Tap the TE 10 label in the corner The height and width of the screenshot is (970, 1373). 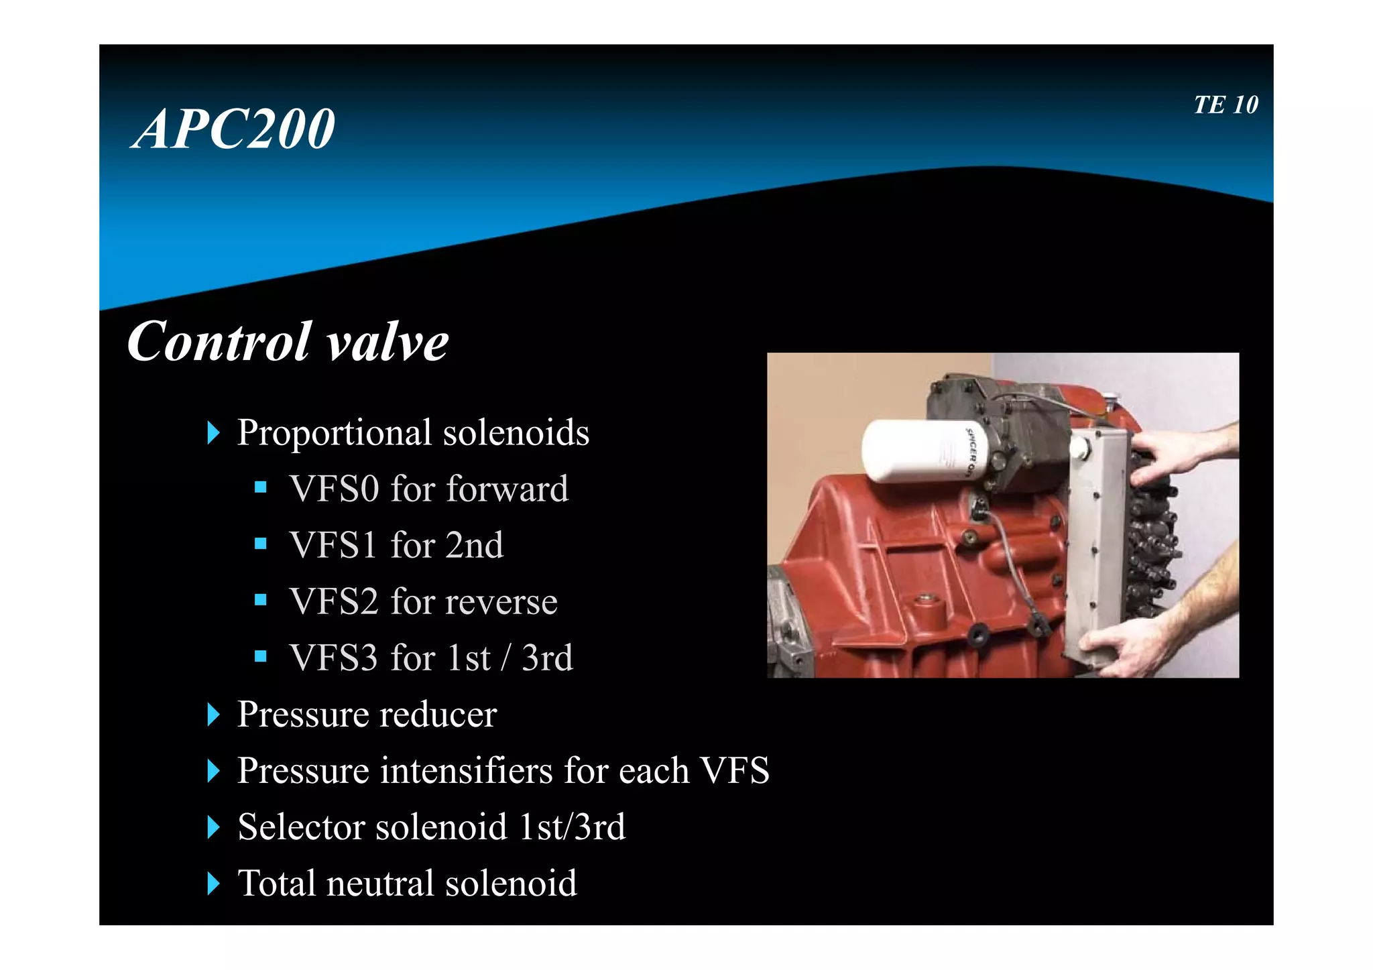[1226, 105]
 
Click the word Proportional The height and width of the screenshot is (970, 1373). [334, 433]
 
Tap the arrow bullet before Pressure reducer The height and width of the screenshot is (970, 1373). [213, 715]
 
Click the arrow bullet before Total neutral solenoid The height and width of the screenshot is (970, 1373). [213, 884]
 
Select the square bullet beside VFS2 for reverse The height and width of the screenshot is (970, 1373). [261, 599]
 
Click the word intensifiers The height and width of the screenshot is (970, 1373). [467, 770]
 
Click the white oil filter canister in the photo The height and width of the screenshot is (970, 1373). [918, 450]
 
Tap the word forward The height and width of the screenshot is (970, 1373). [507, 489]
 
